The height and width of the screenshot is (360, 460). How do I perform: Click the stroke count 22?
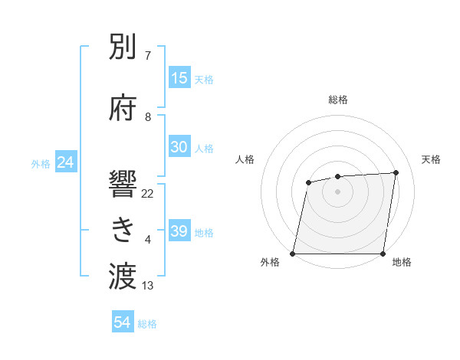[x=148, y=193]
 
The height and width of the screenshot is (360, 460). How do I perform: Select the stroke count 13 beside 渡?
[x=148, y=286]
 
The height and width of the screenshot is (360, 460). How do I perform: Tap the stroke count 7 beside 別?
[x=148, y=56]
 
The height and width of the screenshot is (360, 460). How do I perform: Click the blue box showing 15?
[x=179, y=78]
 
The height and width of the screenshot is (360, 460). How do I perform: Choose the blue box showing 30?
[x=179, y=147]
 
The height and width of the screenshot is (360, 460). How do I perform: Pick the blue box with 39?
[x=179, y=231]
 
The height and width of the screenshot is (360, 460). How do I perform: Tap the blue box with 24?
[x=65, y=162]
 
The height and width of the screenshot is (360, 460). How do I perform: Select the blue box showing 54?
[x=123, y=323]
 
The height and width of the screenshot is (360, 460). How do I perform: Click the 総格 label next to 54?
[x=147, y=324]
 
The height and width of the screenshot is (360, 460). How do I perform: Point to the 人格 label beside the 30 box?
[x=204, y=148]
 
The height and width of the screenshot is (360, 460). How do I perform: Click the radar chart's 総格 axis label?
[x=338, y=100]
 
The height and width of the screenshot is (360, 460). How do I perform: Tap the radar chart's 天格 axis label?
[x=431, y=159]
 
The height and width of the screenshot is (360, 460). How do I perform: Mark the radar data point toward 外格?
[x=293, y=254]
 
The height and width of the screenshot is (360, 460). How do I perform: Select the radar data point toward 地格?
[x=383, y=254]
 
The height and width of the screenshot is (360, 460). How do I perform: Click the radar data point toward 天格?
[x=396, y=173]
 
